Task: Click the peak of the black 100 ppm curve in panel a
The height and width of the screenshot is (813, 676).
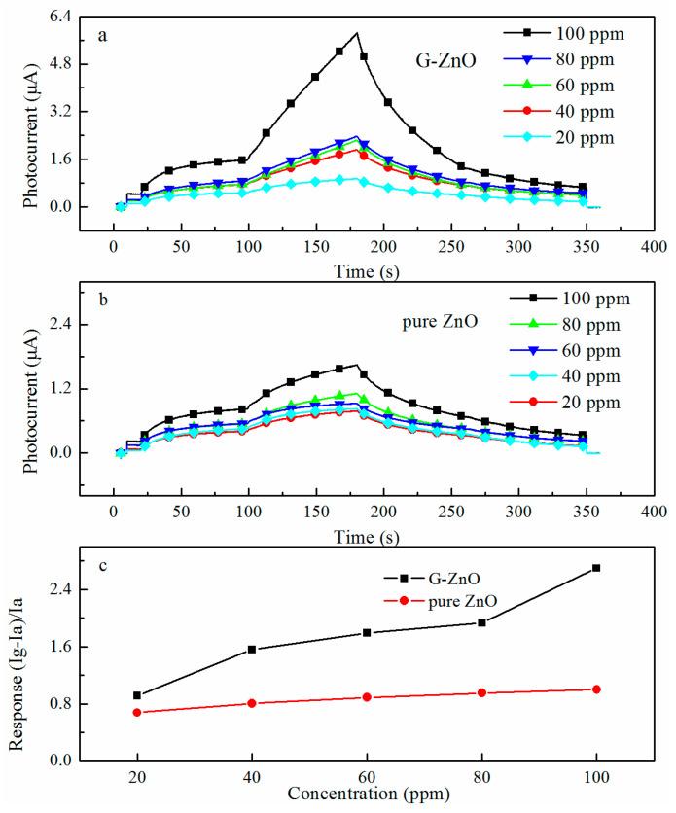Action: click(358, 33)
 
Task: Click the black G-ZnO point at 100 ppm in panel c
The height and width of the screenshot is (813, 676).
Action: click(596, 568)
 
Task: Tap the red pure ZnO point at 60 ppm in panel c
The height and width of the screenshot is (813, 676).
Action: click(367, 697)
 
